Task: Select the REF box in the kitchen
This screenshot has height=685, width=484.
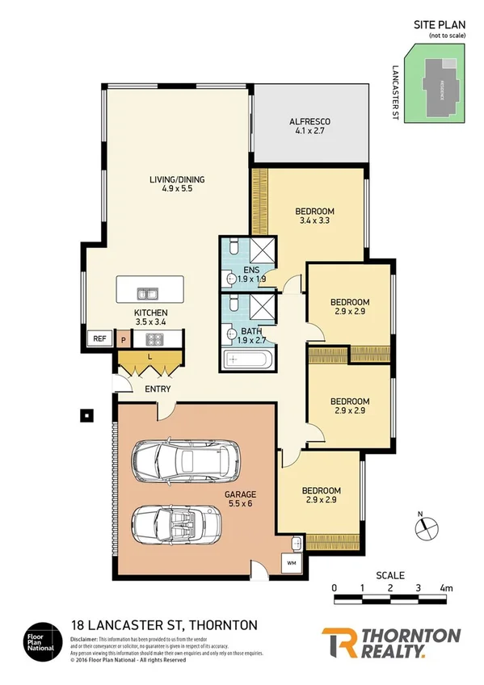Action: (100, 339)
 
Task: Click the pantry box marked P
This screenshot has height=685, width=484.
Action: (123, 340)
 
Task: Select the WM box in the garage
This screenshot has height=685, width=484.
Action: (290, 563)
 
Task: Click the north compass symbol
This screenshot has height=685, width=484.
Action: (427, 527)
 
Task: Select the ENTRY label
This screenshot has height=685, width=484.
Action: (158, 389)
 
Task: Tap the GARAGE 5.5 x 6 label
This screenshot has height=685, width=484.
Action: (240, 499)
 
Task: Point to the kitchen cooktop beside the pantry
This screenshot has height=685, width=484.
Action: (156, 340)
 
